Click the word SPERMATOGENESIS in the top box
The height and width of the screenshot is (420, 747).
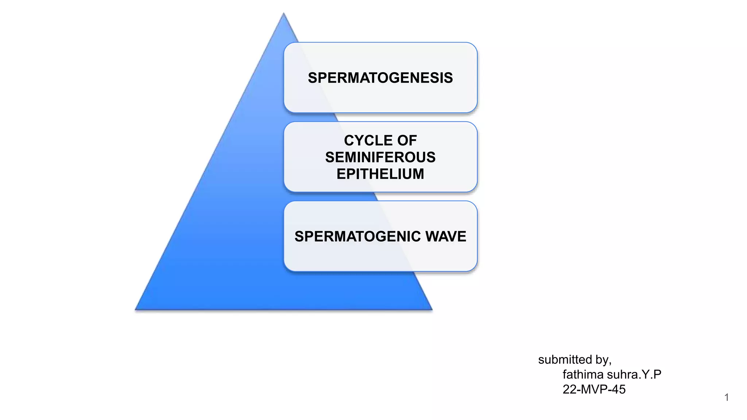(x=380, y=78)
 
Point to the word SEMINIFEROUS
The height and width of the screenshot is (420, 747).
(x=380, y=157)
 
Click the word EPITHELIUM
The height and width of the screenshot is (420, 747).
(x=380, y=174)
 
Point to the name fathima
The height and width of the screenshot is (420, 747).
(x=583, y=374)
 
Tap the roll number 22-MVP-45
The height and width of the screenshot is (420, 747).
(x=594, y=389)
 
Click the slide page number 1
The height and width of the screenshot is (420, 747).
(x=727, y=397)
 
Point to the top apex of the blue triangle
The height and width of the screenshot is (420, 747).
(x=284, y=14)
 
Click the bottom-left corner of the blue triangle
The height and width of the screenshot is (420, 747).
(x=136, y=309)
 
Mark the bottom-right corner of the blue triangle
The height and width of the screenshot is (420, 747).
(x=431, y=309)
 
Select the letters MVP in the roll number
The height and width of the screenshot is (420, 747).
(x=594, y=389)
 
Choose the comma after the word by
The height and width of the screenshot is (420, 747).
(x=610, y=363)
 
